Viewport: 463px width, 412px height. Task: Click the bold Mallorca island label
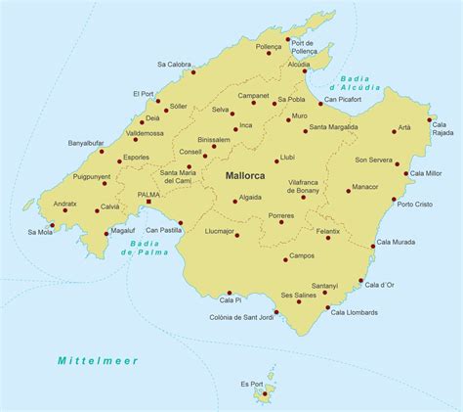click(250, 177)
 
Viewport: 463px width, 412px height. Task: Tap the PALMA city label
click(149, 194)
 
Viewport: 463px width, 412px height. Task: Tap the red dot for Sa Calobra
click(193, 72)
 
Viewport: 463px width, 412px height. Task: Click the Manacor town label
click(364, 186)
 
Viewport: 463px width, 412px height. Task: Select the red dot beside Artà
click(395, 130)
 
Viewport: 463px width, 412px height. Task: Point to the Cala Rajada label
click(441, 129)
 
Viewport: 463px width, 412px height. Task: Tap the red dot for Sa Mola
click(52, 225)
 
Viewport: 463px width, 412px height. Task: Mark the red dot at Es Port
click(264, 394)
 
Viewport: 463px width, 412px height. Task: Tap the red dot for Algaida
click(235, 201)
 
